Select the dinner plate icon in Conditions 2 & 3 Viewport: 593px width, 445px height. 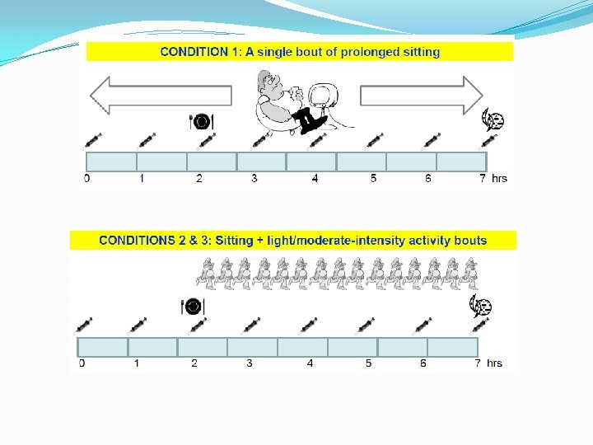point(192,307)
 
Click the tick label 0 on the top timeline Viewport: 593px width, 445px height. point(87,178)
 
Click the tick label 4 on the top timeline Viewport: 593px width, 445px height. point(315,178)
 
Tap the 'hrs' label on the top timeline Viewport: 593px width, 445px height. point(500,178)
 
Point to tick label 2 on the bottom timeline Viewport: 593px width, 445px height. point(194,363)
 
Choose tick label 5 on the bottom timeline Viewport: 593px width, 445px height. point(368,363)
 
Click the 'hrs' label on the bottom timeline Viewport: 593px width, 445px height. point(494,363)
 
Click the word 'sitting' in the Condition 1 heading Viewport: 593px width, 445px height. point(419,51)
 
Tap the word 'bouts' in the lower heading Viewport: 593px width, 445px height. point(469,241)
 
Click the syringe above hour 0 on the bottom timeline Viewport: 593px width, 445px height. point(84,326)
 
